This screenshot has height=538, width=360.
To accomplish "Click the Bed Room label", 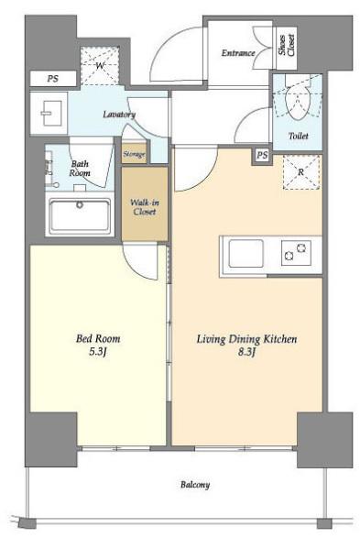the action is [x=98, y=339].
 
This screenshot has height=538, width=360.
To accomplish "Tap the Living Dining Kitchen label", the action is [x=246, y=339].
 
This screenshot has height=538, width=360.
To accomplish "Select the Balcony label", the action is [x=195, y=485].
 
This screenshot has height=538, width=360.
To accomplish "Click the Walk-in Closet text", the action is [x=145, y=207].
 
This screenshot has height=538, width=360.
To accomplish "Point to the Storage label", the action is [x=134, y=154].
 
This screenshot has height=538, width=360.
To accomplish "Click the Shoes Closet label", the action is [x=287, y=45].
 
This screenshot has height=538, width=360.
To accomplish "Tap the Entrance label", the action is [x=238, y=53].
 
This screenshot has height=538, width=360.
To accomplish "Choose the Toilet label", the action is [x=298, y=136].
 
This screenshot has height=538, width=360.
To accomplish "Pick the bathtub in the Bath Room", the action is [x=80, y=215].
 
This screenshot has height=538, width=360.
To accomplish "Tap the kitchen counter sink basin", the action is [x=245, y=254].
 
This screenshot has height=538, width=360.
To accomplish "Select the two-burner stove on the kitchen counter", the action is [x=296, y=253].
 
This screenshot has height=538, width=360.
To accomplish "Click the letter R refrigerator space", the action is [x=301, y=172].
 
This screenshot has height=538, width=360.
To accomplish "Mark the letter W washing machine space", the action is [x=100, y=66].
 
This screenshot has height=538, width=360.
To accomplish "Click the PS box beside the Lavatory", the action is [x=53, y=79].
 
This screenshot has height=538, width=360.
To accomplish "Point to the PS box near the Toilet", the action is [x=262, y=155].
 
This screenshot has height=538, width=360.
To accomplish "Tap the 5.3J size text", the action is [x=98, y=352].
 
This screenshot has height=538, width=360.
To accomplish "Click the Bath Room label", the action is [x=80, y=168].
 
